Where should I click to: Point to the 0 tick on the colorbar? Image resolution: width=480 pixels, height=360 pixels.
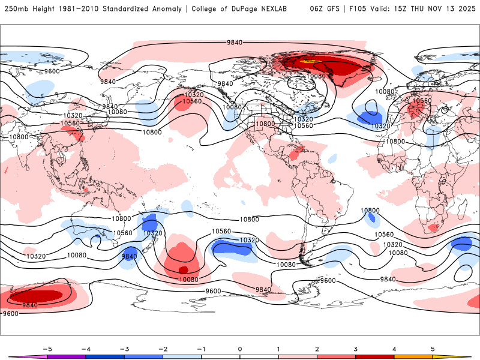point(240,349)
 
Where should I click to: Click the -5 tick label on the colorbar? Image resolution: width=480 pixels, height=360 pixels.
point(47,349)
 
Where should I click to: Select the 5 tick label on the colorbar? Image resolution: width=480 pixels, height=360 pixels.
point(433,349)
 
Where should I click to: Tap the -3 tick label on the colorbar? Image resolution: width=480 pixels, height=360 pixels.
point(124,349)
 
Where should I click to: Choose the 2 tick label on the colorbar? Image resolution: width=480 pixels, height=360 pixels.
point(317,349)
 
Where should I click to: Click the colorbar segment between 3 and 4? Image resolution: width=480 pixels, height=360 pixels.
point(375,356)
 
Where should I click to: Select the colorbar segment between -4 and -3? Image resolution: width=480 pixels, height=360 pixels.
point(105,356)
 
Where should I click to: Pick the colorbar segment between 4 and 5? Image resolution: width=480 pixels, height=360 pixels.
point(413,356)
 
